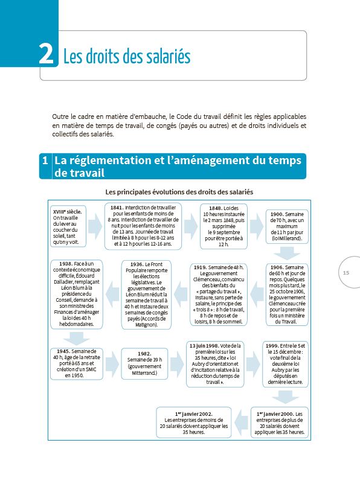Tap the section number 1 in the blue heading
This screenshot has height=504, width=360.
[x=45, y=161]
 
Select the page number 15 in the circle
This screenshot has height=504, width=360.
[x=346, y=273]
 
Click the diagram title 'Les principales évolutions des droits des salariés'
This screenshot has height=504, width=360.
[x=179, y=191]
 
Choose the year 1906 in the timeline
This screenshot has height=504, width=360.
[x=277, y=267]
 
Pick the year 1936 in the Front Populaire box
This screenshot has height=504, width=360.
[x=135, y=264]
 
